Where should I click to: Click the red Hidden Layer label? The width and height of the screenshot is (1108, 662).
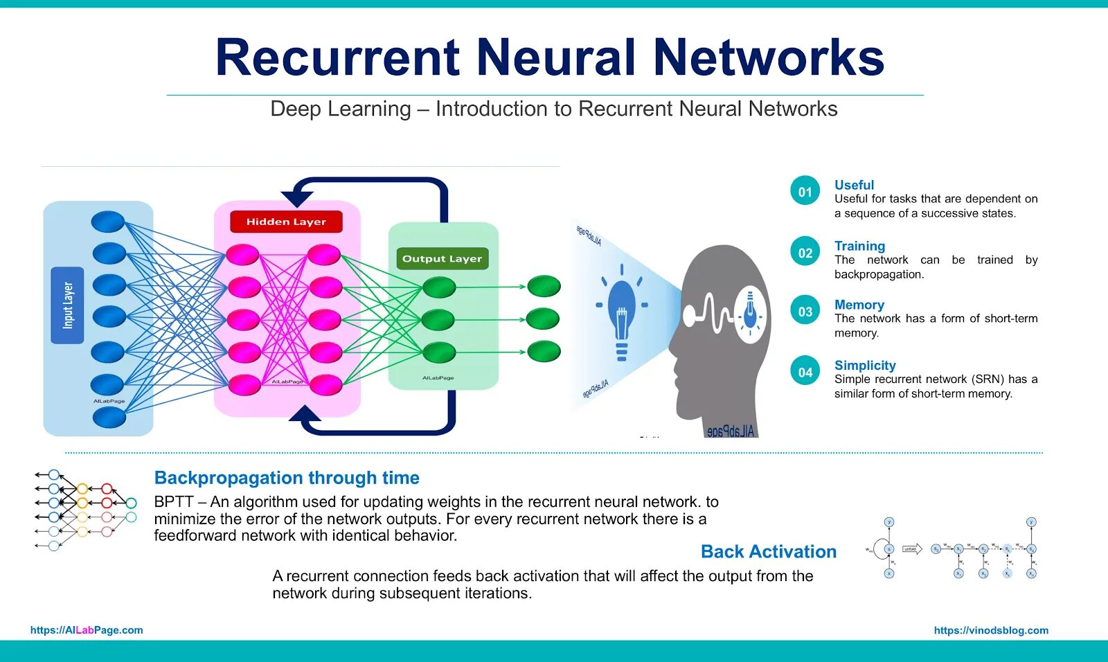(x=286, y=222)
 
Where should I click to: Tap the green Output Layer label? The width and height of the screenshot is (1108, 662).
(x=442, y=258)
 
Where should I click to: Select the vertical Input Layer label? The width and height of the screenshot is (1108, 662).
(x=67, y=305)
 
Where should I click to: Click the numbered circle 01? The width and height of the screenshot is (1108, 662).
(x=805, y=191)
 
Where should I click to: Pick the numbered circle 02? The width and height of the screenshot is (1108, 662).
(x=805, y=252)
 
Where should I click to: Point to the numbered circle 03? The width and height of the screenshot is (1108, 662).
(x=805, y=311)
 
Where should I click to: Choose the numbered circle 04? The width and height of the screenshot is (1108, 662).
(x=805, y=372)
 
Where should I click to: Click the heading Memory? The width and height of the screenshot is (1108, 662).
(x=859, y=305)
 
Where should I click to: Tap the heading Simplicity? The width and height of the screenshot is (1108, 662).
(x=865, y=365)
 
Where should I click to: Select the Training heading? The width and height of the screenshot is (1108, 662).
(x=859, y=246)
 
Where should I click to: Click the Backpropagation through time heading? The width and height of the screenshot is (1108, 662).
(x=287, y=478)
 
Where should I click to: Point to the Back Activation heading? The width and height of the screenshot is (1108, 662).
(x=769, y=551)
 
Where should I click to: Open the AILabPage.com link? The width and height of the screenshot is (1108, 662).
(x=87, y=630)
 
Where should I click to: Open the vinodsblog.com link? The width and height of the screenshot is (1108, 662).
(x=991, y=630)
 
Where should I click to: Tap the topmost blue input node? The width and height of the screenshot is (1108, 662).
(x=107, y=222)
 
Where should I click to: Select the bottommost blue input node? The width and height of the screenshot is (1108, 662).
(x=109, y=417)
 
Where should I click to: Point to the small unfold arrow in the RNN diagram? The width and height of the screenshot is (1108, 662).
(x=911, y=549)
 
